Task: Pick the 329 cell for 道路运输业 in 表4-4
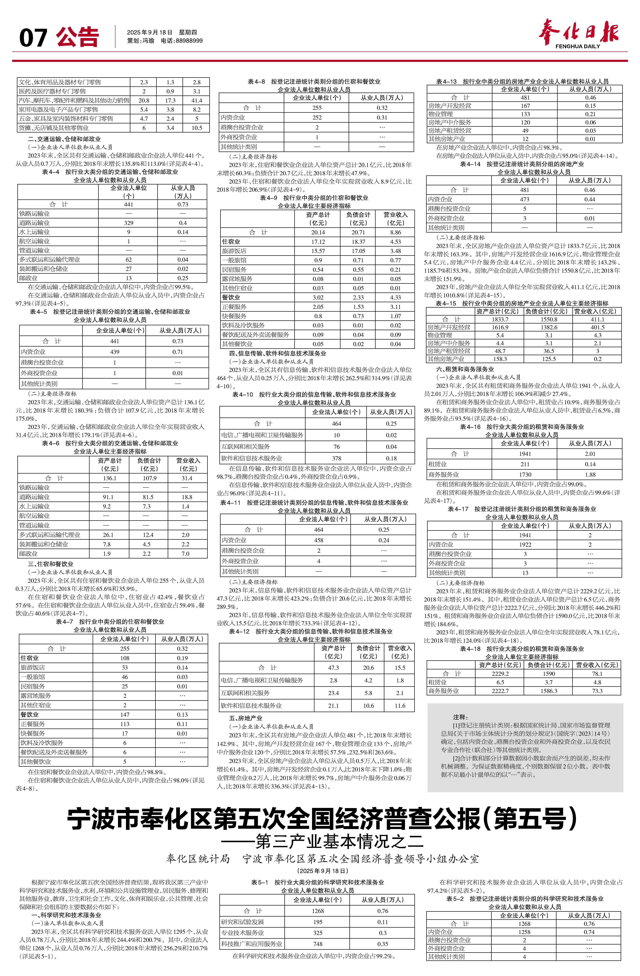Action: [129, 223]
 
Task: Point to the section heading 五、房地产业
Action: [246, 718]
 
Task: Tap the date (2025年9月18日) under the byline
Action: [322, 871]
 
